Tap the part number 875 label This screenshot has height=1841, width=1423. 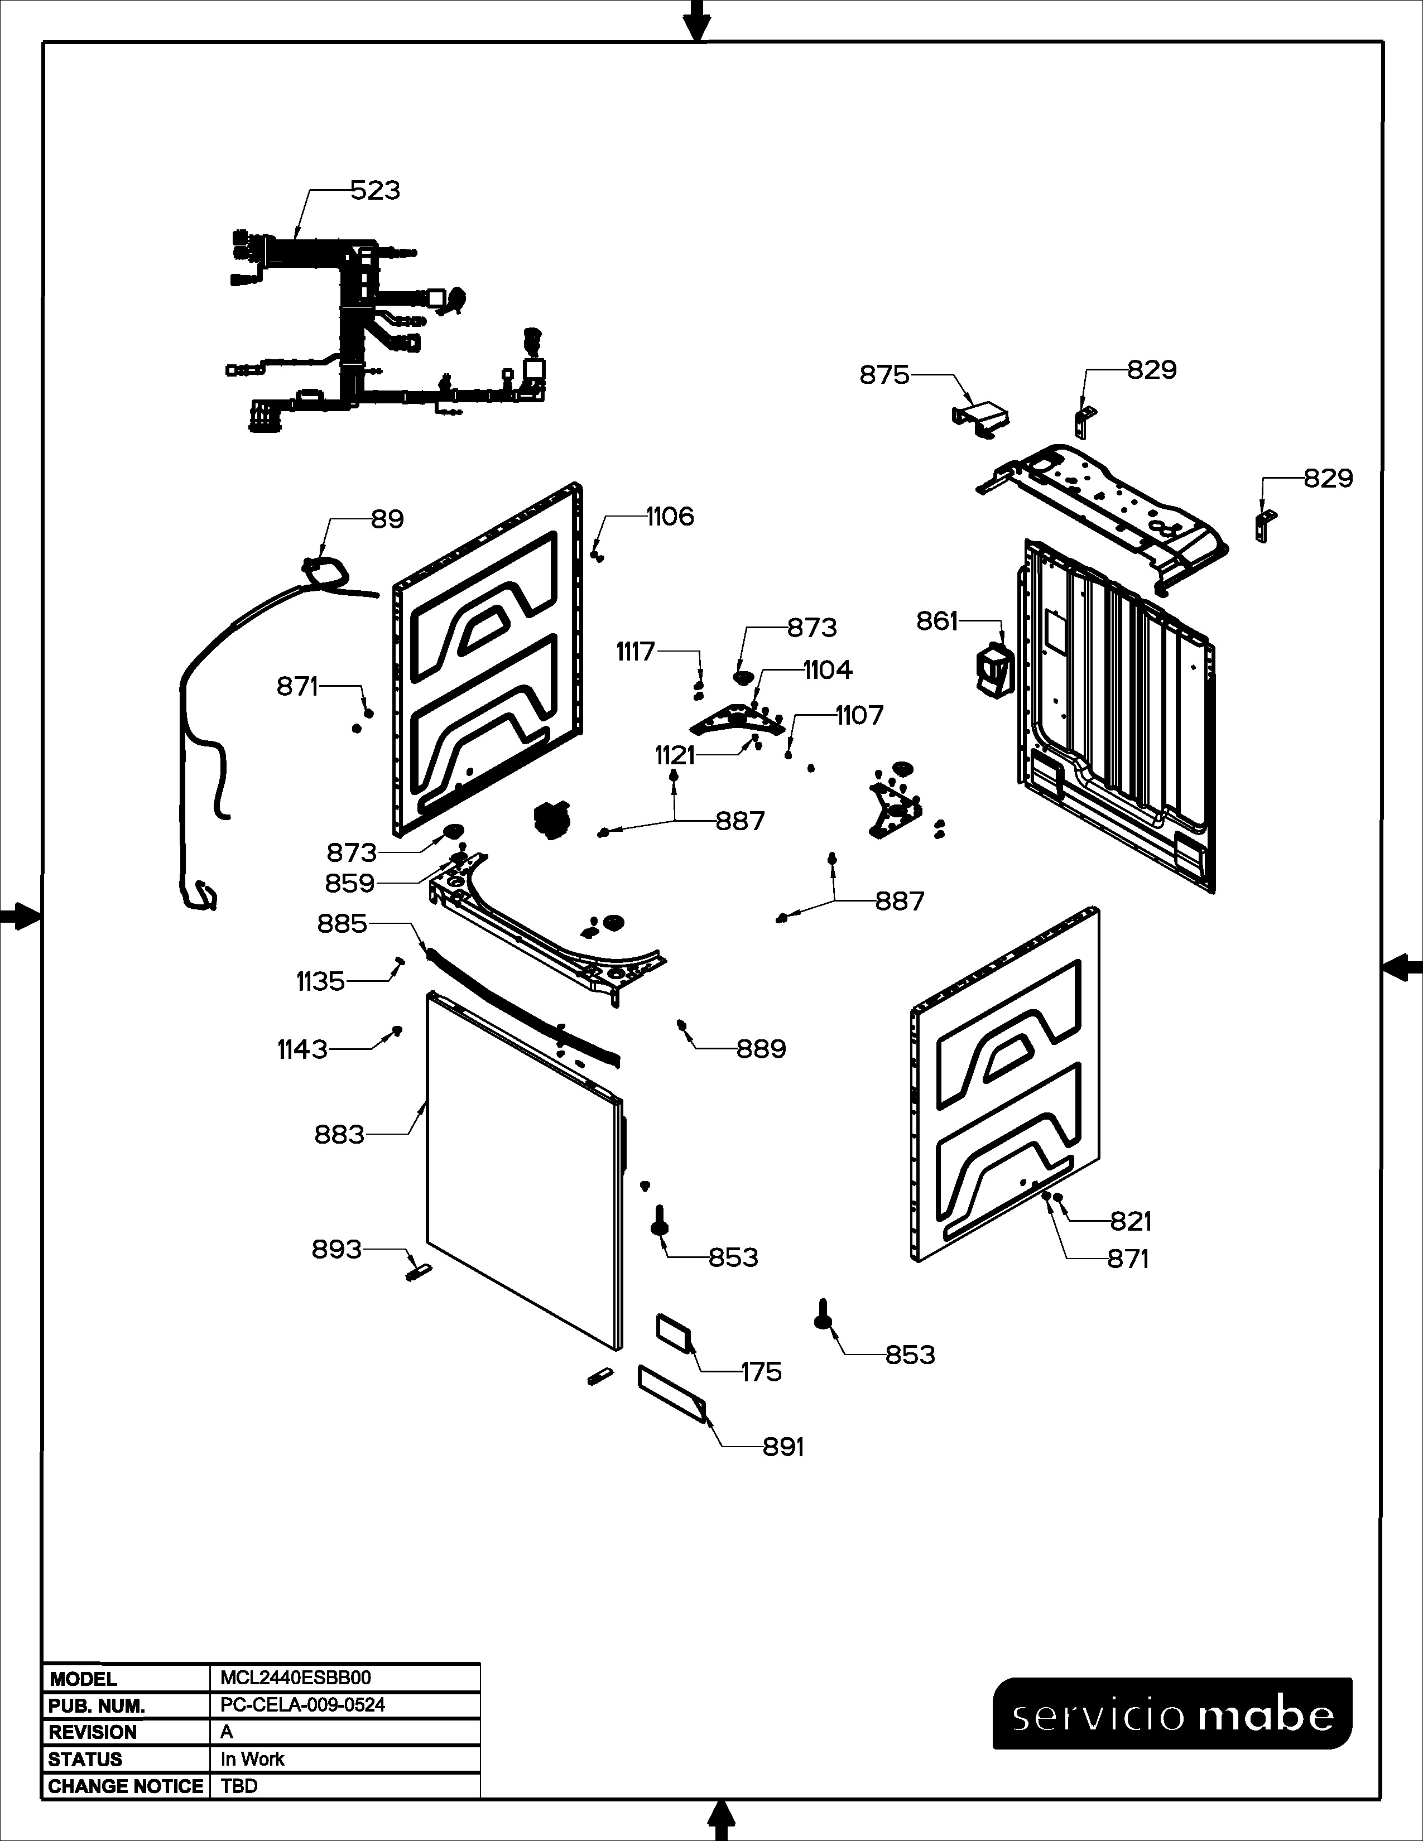(x=884, y=374)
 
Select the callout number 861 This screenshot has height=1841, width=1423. (x=938, y=621)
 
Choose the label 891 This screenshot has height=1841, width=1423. (x=783, y=1447)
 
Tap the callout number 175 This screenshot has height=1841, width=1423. (x=761, y=1372)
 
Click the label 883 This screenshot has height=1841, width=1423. (x=339, y=1135)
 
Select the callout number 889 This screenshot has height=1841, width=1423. (x=761, y=1049)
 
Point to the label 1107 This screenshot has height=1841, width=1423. (x=860, y=716)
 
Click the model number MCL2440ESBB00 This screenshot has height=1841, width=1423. (x=295, y=1678)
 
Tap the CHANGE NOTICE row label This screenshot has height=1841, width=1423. (x=126, y=1786)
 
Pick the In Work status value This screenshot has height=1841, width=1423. (x=252, y=1759)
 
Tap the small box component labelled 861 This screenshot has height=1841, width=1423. (x=992, y=671)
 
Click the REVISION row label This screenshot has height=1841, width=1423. (x=93, y=1732)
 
